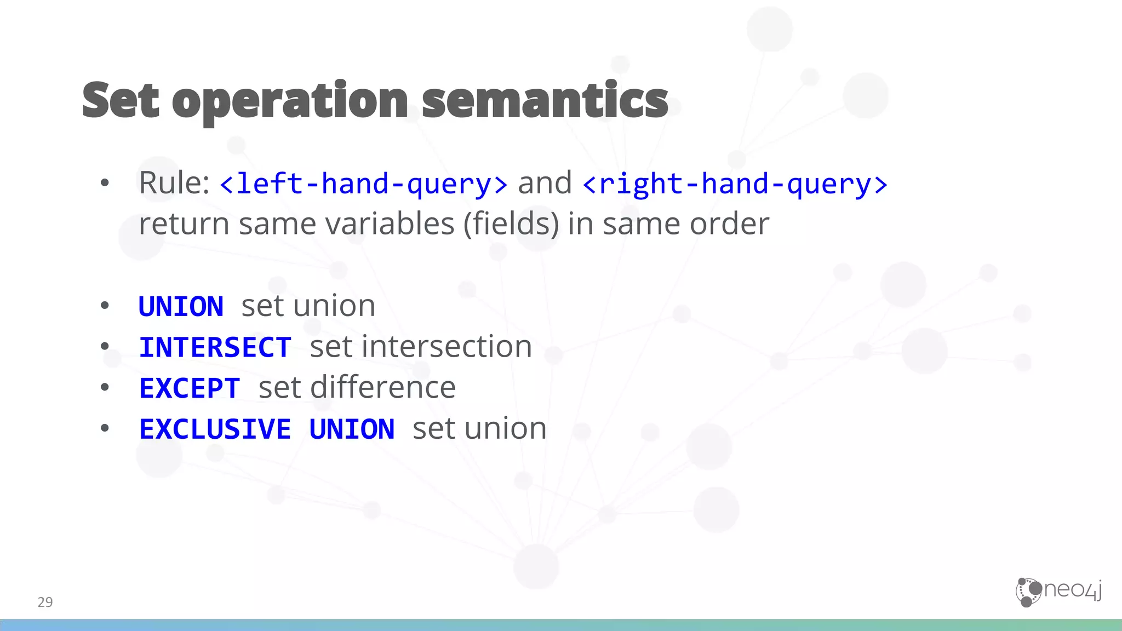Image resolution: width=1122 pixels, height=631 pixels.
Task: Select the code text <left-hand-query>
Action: click(363, 183)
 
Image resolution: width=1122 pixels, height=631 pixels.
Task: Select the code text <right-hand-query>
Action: click(735, 183)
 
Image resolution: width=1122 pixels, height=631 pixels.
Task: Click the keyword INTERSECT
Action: click(215, 347)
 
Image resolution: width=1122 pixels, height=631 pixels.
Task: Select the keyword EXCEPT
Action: click(190, 388)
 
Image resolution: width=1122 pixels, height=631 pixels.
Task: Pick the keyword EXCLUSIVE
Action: click(215, 429)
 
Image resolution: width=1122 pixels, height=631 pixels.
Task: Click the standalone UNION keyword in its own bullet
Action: click(181, 306)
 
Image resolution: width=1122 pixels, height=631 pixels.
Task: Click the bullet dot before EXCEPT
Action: click(105, 388)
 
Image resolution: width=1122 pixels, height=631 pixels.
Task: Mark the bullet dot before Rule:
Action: click(105, 183)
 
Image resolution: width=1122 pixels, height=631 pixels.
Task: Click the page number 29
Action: click(45, 602)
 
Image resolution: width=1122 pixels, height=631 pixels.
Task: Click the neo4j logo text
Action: click(1073, 590)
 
